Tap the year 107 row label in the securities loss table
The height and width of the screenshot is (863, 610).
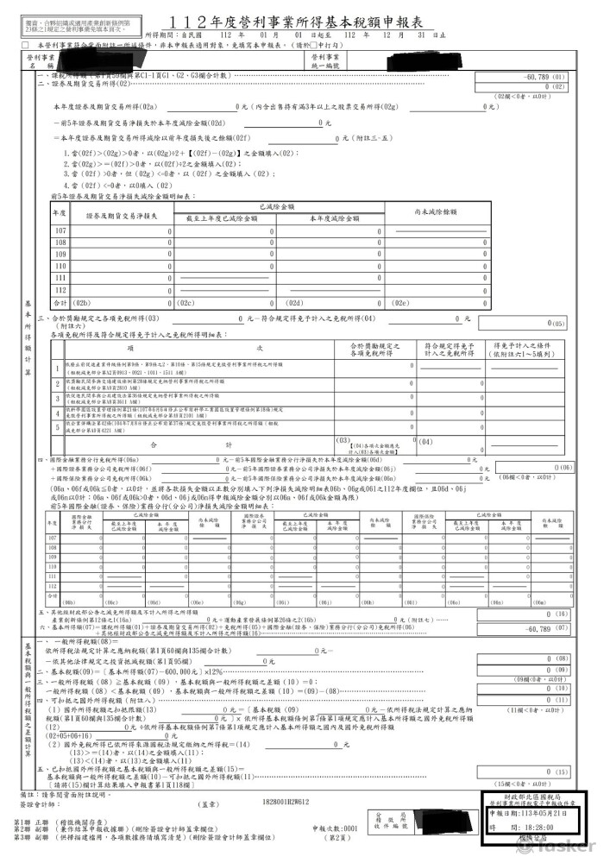click(60, 231)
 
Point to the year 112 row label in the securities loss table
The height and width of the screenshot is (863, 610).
click(60, 290)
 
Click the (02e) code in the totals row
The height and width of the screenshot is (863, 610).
click(401, 304)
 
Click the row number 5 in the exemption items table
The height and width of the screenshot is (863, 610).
click(56, 426)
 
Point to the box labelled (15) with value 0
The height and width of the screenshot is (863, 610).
click(560, 771)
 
